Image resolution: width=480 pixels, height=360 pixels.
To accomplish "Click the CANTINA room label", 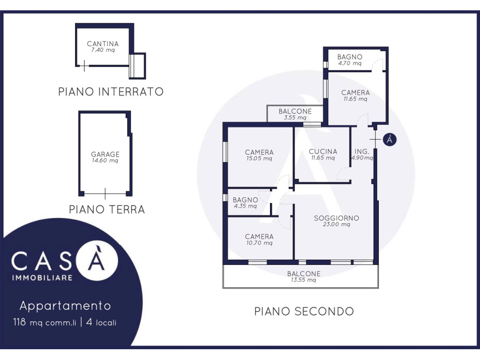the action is pyautogui.click(x=103, y=44).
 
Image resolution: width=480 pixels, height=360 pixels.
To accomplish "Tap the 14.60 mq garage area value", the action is pyautogui.click(x=105, y=160).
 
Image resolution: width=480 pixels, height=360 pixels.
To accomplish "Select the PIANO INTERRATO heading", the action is pyautogui.click(x=111, y=91).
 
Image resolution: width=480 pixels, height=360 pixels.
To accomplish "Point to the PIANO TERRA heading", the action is pyautogui.click(x=107, y=210).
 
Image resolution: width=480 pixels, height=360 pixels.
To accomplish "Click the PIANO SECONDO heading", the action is pyautogui.click(x=304, y=311).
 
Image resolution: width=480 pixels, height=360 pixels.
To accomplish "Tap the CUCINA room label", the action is pyautogui.click(x=323, y=151).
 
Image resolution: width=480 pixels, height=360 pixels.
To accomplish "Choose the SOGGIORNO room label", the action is pyautogui.click(x=337, y=218).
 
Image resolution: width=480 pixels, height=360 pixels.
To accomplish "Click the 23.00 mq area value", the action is pyautogui.click(x=337, y=225).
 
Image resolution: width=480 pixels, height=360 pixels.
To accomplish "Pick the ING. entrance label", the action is pyautogui.click(x=362, y=151).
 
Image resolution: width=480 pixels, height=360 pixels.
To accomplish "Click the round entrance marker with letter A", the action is pyautogui.click(x=390, y=140).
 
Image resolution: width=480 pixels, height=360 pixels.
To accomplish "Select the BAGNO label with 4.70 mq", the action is pyautogui.click(x=350, y=57).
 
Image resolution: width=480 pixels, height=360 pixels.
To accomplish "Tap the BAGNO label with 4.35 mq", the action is pyautogui.click(x=245, y=200).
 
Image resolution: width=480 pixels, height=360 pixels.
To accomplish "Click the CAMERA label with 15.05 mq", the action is pyautogui.click(x=259, y=152).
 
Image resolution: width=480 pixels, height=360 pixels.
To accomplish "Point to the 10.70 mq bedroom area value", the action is pyautogui.click(x=259, y=243).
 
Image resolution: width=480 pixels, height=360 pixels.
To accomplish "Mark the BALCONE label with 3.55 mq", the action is pyautogui.click(x=295, y=112).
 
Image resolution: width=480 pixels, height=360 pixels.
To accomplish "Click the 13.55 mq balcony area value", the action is pyautogui.click(x=304, y=280).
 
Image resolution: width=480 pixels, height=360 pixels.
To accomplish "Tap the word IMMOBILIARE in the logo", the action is pyautogui.click(x=42, y=278).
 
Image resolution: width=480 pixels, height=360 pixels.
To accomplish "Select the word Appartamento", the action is pyautogui.click(x=65, y=306).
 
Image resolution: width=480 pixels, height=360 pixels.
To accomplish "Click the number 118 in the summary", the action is pyautogui.click(x=19, y=322).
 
